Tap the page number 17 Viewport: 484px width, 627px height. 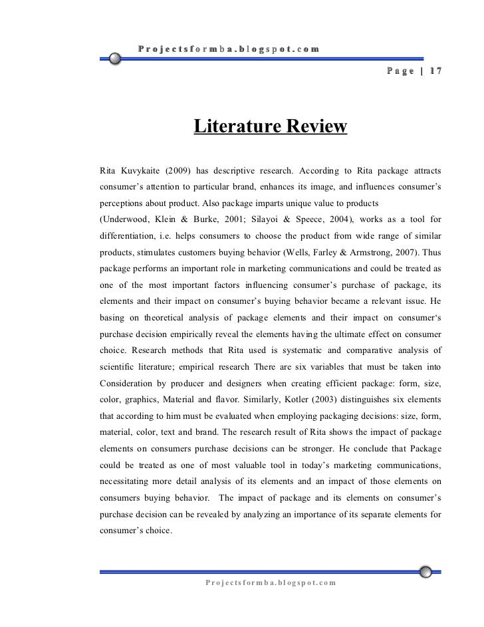[x=434, y=72]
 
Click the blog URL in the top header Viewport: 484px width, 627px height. [x=229, y=49]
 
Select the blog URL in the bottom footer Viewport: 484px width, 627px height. [x=271, y=582]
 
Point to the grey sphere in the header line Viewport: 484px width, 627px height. [x=116, y=59]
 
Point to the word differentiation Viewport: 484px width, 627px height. [x=130, y=235]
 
